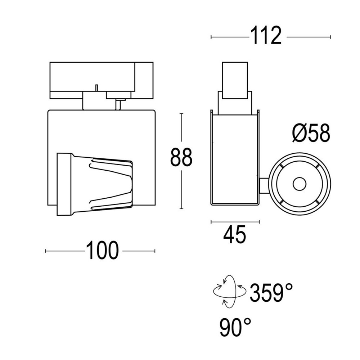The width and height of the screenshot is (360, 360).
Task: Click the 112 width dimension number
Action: [x=266, y=36]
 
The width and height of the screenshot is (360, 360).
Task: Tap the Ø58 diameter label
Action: [x=311, y=134]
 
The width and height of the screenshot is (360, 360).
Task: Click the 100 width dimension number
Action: [x=102, y=251]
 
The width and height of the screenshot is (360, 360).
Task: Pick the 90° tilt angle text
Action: [x=235, y=327]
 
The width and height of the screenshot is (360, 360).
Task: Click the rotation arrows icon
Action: [x=229, y=291]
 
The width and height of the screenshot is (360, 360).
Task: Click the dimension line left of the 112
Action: [x=229, y=37]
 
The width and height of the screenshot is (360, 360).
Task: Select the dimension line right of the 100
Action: [x=139, y=251]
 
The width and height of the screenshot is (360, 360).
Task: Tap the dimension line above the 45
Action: [x=235, y=222]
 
